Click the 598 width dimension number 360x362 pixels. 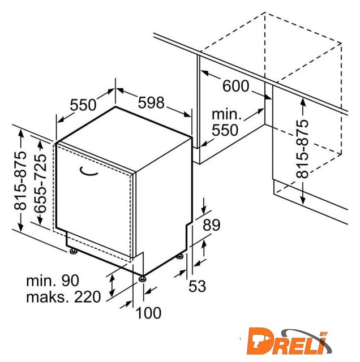coord(151,102)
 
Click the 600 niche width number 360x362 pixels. coord(235,86)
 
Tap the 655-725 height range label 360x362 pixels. coord(40,183)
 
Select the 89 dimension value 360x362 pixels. coord(212,225)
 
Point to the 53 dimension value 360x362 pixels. coord(197,286)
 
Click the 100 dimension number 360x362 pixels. coord(148,313)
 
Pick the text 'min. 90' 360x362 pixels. coord(53,281)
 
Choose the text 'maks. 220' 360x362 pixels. coord(63,297)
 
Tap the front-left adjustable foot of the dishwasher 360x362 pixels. coord(74,251)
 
